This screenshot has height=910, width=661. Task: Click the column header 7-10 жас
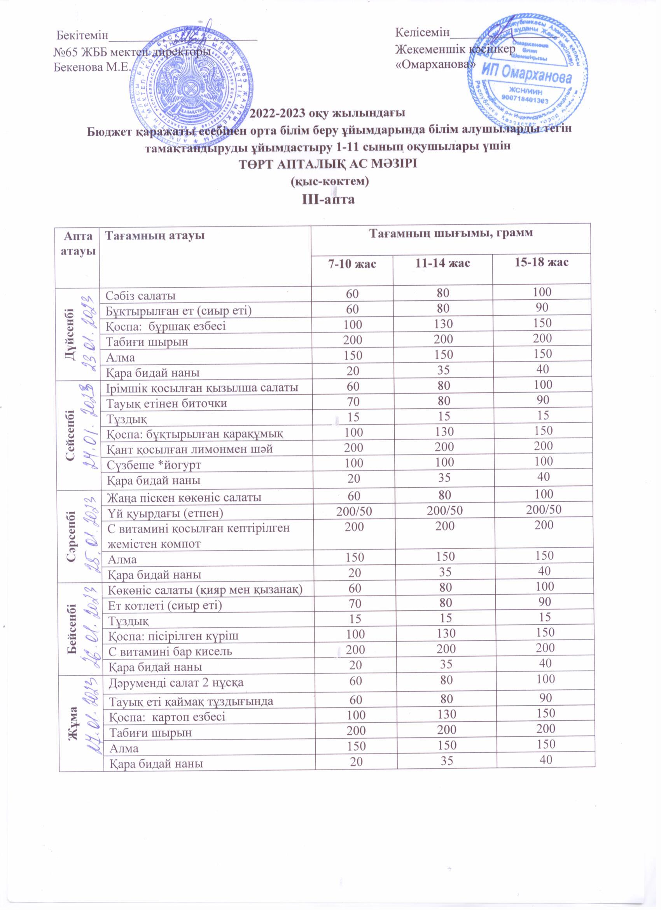coord(352,264)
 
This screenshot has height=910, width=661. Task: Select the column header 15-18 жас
coord(542,263)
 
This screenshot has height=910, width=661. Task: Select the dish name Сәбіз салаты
coord(141,296)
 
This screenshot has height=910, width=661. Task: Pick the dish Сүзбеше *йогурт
coord(154,465)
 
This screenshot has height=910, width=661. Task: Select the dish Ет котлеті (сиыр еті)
coord(165,606)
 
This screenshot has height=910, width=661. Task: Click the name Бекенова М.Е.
coord(93,67)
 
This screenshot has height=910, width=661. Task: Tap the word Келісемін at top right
coord(423,32)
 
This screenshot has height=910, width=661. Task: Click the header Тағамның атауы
coord(155,235)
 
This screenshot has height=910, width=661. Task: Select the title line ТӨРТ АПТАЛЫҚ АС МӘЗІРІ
coord(328,164)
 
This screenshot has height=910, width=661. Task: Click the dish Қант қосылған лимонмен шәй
coord(189,449)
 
